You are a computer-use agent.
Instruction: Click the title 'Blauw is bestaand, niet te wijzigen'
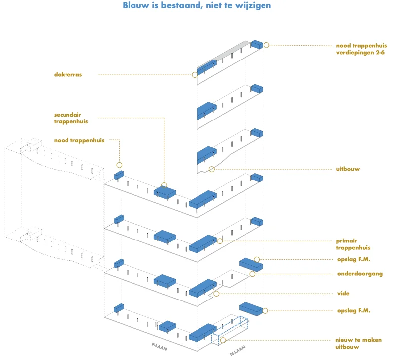[197, 6]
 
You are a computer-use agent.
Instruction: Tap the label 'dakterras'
[68, 75]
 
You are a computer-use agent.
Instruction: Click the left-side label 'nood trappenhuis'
[79, 140]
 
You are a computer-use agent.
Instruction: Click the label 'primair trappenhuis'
[353, 244]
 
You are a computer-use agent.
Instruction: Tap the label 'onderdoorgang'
[360, 273]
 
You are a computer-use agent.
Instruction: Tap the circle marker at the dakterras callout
[195, 75]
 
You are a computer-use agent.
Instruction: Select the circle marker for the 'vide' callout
[217, 294]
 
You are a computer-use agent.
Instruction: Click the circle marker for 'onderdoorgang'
[252, 274]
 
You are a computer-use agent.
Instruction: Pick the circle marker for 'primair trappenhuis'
[220, 241]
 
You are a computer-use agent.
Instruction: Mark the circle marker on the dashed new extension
[223, 340]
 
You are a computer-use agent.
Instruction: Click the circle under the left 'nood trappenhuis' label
[119, 165]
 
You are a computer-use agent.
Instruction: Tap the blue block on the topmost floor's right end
[257, 44]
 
